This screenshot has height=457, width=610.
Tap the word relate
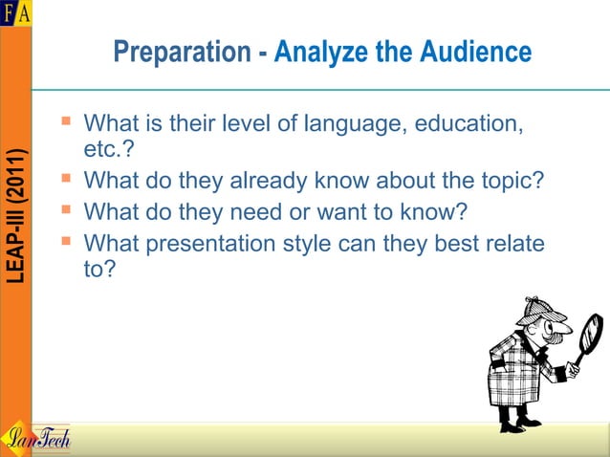click(512, 244)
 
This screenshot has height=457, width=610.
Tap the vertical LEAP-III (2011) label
click(16, 216)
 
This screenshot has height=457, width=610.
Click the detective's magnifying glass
click(589, 337)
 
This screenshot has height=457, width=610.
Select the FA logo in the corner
click(15, 12)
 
